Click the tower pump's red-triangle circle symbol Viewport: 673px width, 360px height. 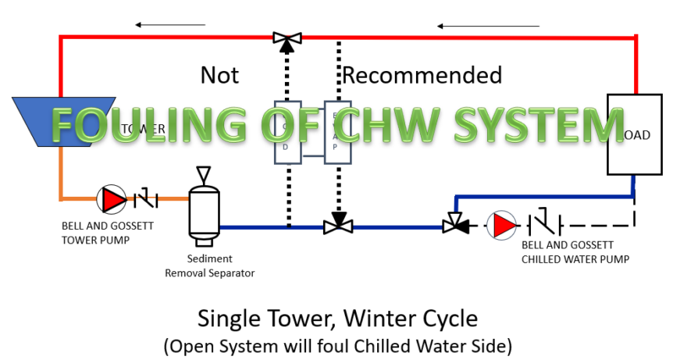pyautogui.click(x=112, y=200)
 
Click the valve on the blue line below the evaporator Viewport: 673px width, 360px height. pyautogui.click(x=338, y=226)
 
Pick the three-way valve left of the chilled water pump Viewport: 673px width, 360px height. pyautogui.click(x=454, y=225)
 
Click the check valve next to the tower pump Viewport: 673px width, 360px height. pyautogui.click(x=146, y=200)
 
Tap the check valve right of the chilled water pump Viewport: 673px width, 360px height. pyautogui.click(x=542, y=226)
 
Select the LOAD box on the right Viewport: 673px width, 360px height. pyautogui.click(x=632, y=134)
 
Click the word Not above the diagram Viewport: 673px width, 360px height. pyautogui.click(x=220, y=75)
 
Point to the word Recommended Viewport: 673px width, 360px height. pyautogui.click(x=422, y=75)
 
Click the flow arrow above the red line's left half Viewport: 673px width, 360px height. pyautogui.click(x=169, y=25)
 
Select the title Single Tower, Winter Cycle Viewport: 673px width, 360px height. pyautogui.click(x=336, y=319)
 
